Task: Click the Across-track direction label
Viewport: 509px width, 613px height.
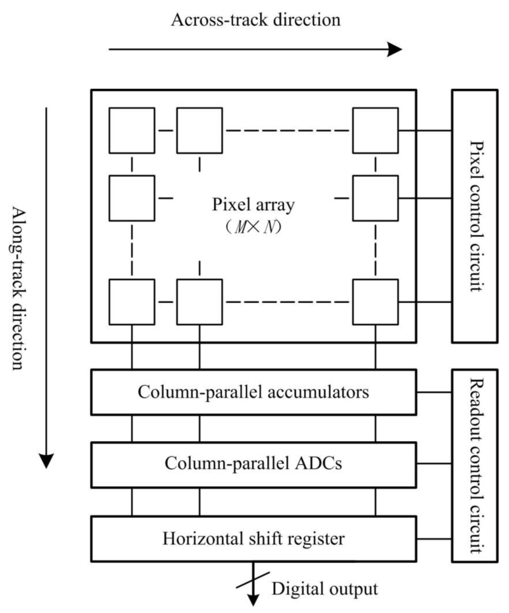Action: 255,20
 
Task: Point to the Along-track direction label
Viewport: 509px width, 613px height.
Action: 17,288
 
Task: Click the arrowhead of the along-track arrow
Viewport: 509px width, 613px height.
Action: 46,460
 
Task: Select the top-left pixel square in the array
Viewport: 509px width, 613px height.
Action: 132,130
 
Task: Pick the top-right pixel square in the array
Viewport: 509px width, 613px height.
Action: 375,130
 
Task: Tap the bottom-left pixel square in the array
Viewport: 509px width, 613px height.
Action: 132,302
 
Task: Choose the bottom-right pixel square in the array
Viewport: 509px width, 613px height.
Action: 375,302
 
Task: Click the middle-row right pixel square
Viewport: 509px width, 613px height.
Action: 375,198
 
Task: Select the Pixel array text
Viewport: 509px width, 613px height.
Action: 254,205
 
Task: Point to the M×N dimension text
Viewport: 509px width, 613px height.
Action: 254,228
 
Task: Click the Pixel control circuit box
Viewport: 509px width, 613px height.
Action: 474,216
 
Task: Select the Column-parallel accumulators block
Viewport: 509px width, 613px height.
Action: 254,392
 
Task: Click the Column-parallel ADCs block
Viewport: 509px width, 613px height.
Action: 254,464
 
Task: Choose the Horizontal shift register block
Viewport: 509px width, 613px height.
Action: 254,539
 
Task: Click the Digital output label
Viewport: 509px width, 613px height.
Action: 324,589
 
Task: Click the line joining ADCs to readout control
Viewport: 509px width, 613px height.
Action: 434,464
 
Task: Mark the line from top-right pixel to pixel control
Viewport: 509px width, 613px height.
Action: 425,131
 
